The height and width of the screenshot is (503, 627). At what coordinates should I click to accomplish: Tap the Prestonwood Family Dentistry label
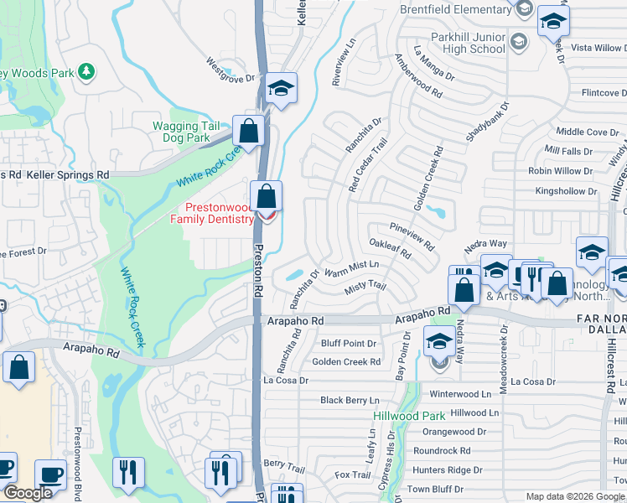pyautogui.click(x=211, y=213)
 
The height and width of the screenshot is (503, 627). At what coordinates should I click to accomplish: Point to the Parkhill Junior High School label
pyautogui.click(x=457, y=44)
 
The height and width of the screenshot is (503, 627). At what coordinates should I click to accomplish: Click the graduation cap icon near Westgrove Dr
pyautogui.click(x=281, y=90)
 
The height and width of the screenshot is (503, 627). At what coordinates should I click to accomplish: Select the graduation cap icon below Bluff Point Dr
pyautogui.click(x=438, y=342)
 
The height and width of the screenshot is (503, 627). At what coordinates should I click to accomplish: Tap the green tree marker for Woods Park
pyautogui.click(x=85, y=71)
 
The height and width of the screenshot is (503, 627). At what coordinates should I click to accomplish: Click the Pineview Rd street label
pyautogui.click(x=412, y=236)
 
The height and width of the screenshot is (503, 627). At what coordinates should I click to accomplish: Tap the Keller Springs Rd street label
pyautogui.click(x=68, y=174)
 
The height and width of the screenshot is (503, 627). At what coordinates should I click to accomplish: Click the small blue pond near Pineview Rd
pyautogui.click(x=434, y=211)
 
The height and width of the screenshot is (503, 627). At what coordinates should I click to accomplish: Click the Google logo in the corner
pyautogui.click(x=28, y=493)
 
